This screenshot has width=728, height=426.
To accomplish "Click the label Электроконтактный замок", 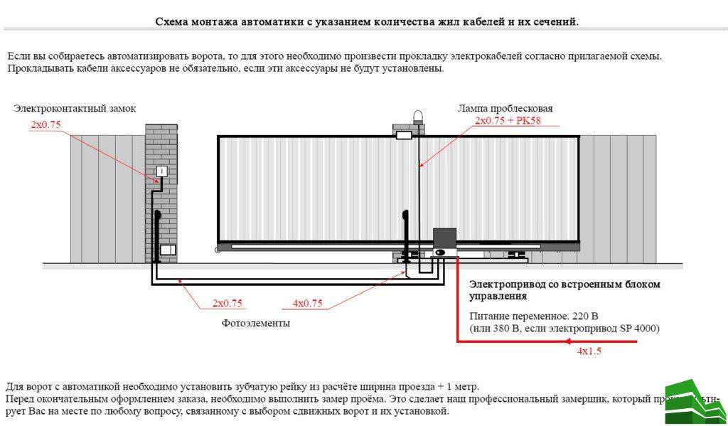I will click(75, 108).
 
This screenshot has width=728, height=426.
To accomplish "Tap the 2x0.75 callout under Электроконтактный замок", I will click(45, 124).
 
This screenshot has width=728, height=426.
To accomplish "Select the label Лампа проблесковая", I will click(505, 108).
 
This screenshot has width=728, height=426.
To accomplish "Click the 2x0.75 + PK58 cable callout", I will click(508, 121).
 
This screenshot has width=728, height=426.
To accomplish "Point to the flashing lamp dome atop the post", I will click(417, 115).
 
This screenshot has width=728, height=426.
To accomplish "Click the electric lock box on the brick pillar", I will click(161, 171).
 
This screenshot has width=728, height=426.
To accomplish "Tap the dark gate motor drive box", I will click(445, 239).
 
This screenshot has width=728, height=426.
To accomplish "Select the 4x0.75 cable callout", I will click(307, 303).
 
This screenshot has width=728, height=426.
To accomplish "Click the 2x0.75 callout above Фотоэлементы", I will click(227, 303).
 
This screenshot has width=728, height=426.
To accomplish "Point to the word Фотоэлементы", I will click(255, 323).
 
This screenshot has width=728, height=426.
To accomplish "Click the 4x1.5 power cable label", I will click(589, 351).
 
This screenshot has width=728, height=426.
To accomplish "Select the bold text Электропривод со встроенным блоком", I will click(564, 284).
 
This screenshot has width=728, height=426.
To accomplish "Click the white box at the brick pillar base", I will click(167, 250).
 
